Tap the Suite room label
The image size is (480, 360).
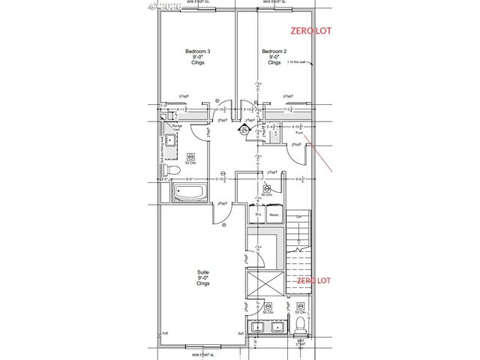click(202, 272)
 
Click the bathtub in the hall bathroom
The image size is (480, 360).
click(191, 194)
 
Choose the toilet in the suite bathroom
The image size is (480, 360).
click(300, 325)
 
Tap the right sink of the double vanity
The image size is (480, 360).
click(276, 327)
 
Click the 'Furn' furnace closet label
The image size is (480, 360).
click(298, 132)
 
